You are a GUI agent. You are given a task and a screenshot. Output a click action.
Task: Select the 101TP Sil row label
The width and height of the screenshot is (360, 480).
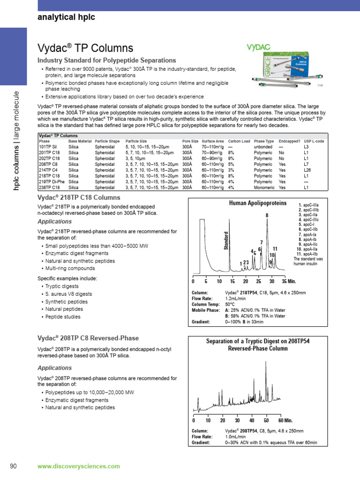48,146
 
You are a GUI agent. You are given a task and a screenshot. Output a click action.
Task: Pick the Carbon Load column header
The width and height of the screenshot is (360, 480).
239,141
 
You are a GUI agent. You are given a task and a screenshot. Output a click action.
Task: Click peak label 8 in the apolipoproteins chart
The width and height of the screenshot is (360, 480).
267,215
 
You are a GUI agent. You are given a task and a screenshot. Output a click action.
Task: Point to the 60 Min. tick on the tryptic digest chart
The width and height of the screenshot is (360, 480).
285,420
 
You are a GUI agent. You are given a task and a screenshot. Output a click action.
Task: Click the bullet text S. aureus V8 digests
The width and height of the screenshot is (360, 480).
68,294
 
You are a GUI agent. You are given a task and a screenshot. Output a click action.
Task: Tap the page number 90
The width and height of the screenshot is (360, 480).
14,466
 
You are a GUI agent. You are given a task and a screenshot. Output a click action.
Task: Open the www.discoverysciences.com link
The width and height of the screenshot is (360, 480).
78,466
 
